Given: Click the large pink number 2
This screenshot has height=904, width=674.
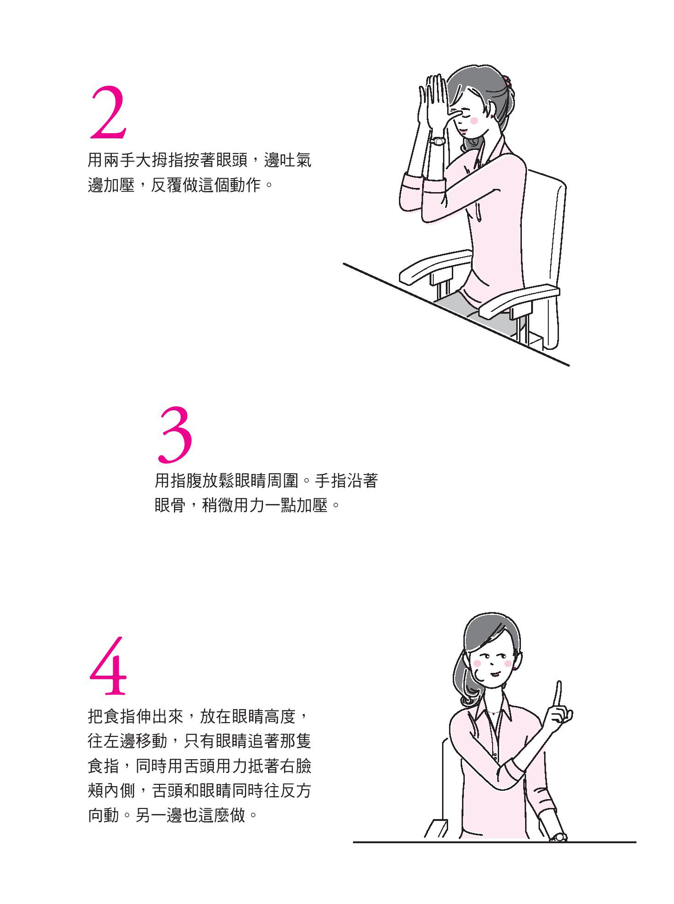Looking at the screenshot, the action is (x=109, y=113).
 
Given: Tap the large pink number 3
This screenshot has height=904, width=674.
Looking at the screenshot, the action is (x=175, y=435).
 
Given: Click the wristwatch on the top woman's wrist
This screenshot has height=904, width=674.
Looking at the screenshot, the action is (x=437, y=141).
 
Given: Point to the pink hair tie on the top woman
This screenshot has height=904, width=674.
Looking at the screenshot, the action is (x=507, y=82).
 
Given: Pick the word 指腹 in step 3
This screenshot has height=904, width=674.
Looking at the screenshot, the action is (x=186, y=481).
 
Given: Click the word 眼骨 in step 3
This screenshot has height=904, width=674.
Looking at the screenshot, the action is (x=170, y=505).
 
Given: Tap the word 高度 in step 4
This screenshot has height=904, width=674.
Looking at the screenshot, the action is (x=280, y=717).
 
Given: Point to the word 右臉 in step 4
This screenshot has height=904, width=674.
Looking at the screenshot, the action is (x=295, y=766).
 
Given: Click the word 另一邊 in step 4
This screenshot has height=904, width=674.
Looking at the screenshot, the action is (x=159, y=815).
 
